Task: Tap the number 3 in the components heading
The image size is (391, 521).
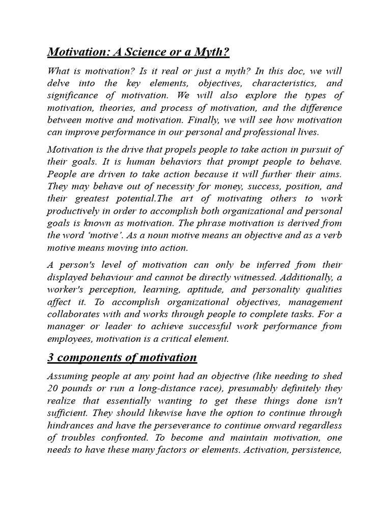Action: [50, 358]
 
